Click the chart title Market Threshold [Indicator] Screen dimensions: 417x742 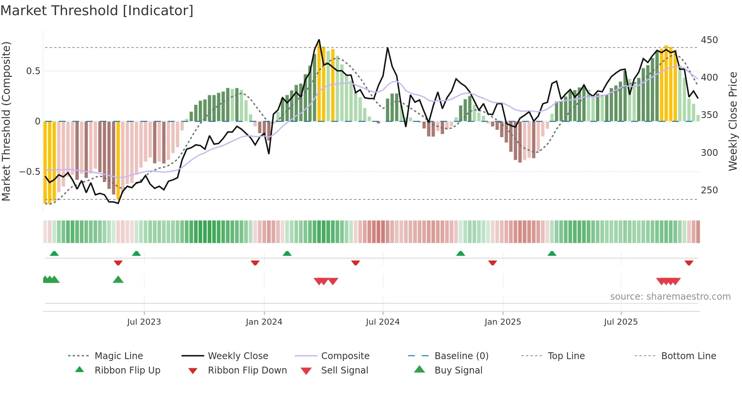(x=97, y=11)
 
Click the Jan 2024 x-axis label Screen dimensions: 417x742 (x=264, y=322)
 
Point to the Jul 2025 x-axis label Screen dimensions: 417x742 (x=620, y=322)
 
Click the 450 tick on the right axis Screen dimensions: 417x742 (x=709, y=40)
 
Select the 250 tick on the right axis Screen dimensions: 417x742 (x=709, y=190)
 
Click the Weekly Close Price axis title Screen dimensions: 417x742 (x=733, y=121)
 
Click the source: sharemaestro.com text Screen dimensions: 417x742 (x=670, y=297)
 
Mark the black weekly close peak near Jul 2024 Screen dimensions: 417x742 (x=388, y=48)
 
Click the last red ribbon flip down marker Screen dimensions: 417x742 (x=689, y=263)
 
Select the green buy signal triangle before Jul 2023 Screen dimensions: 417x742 (x=118, y=280)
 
